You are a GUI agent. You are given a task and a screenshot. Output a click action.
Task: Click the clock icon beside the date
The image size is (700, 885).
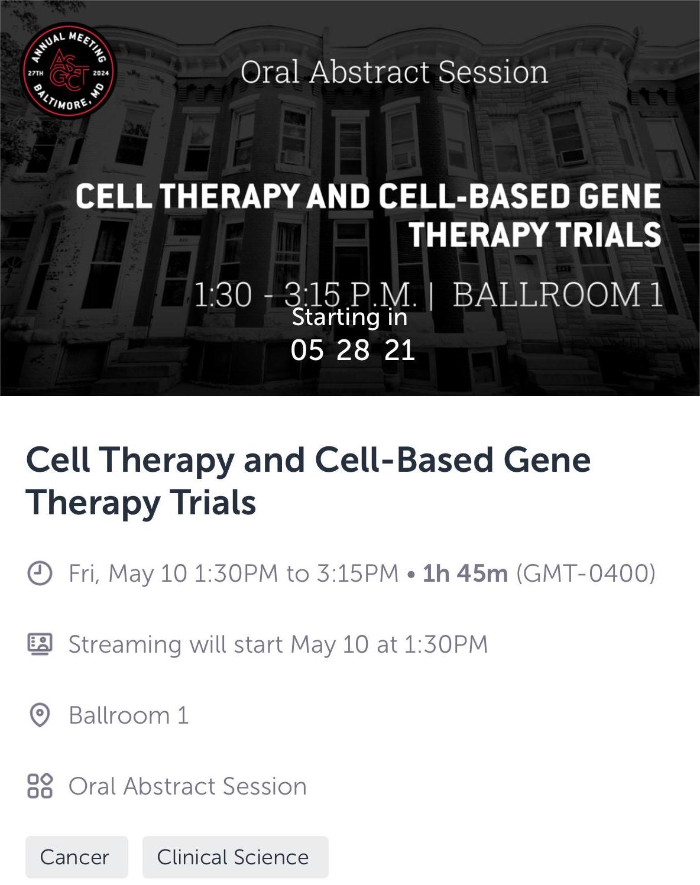(x=40, y=573)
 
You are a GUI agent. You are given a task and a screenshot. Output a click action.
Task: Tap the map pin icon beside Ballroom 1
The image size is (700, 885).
(x=40, y=715)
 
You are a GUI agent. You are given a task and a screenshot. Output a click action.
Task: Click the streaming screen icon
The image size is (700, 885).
(x=40, y=644)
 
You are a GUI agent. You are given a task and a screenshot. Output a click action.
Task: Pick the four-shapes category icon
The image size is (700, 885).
(x=40, y=786)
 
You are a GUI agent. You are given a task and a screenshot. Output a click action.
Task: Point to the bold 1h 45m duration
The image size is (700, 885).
(x=465, y=573)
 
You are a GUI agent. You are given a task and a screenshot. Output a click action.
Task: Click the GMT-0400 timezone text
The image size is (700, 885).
(x=586, y=573)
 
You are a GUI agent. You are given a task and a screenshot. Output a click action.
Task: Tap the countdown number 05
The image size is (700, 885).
(x=307, y=351)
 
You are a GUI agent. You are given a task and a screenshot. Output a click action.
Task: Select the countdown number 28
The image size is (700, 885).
(x=353, y=351)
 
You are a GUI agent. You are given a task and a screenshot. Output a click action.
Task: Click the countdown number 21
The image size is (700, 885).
(x=399, y=351)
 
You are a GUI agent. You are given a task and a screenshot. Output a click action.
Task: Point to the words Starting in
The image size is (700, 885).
(x=349, y=317)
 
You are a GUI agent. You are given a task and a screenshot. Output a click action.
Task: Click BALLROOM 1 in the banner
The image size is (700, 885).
(x=558, y=294)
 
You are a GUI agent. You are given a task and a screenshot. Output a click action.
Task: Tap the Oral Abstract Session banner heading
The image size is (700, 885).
(x=394, y=72)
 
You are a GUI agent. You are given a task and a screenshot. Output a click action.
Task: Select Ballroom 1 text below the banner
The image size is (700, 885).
(x=129, y=715)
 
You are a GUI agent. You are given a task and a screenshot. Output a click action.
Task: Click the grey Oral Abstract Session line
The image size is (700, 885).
(x=187, y=786)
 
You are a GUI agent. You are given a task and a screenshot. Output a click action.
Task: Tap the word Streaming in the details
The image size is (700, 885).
(x=125, y=645)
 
